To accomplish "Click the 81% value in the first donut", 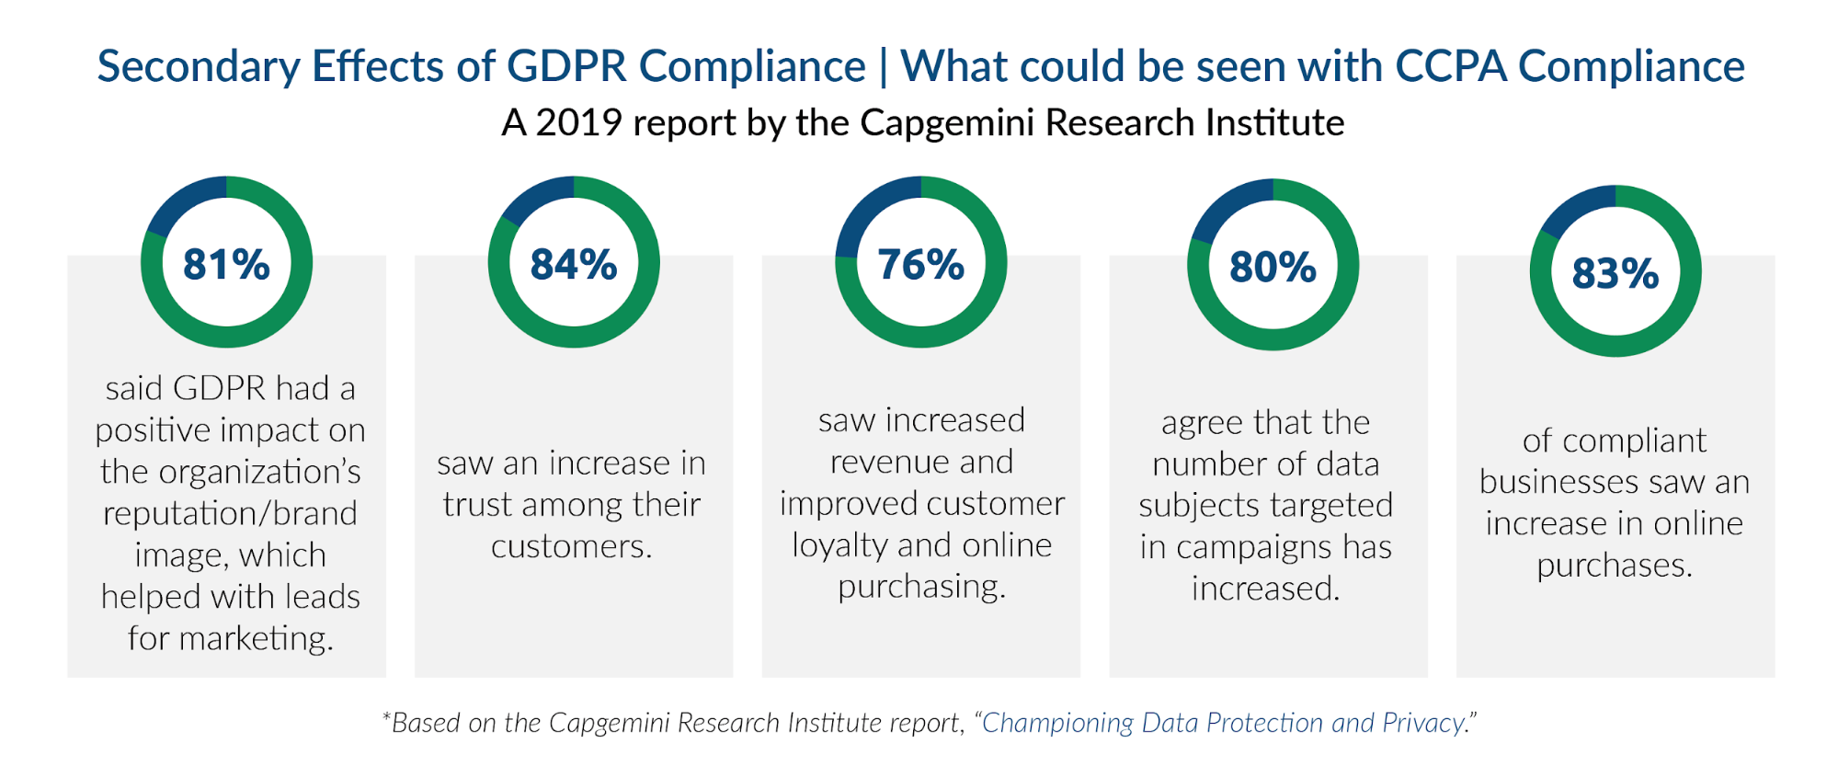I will tap(226, 265).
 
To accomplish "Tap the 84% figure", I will tap(573, 265).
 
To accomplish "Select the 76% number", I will tap(920, 265).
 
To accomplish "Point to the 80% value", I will tap(1273, 268).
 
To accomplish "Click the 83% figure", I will tap(1615, 273).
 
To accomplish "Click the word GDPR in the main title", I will tap(566, 67).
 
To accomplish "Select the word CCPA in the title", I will tap(1450, 67).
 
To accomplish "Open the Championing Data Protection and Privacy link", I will tap(1223, 723).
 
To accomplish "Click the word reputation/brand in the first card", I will tap(230, 513).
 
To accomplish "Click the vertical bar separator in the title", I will tap(884, 67).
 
